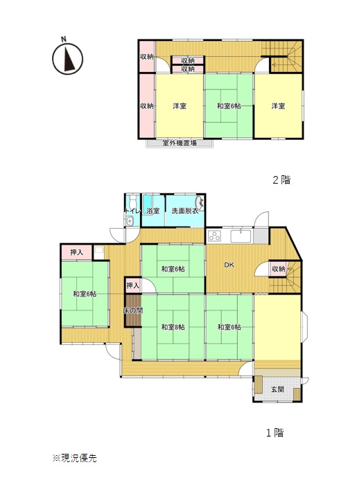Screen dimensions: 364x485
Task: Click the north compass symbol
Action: point(67,59)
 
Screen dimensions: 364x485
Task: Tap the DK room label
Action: point(229,265)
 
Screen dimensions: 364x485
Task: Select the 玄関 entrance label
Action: point(277,389)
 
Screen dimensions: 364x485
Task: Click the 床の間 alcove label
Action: point(133,310)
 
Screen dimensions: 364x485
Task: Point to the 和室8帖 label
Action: point(173,327)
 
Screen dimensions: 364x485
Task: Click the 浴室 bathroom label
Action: point(153,211)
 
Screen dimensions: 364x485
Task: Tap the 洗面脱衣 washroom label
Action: point(185,211)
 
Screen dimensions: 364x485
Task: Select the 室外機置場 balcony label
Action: point(180,143)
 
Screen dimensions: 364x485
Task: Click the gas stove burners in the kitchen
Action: point(214,236)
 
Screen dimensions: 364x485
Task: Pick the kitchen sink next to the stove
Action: point(241,236)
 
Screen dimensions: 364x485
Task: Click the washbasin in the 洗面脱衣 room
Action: point(201,202)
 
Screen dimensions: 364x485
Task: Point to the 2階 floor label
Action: point(281,179)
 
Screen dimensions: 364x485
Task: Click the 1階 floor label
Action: point(275,432)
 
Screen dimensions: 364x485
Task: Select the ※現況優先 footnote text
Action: point(74,458)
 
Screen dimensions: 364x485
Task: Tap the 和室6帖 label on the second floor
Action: point(229,106)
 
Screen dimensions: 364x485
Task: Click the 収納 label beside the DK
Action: point(278,269)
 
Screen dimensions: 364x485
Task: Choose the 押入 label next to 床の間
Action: point(133,285)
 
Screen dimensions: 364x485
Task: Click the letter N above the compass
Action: point(64,39)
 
